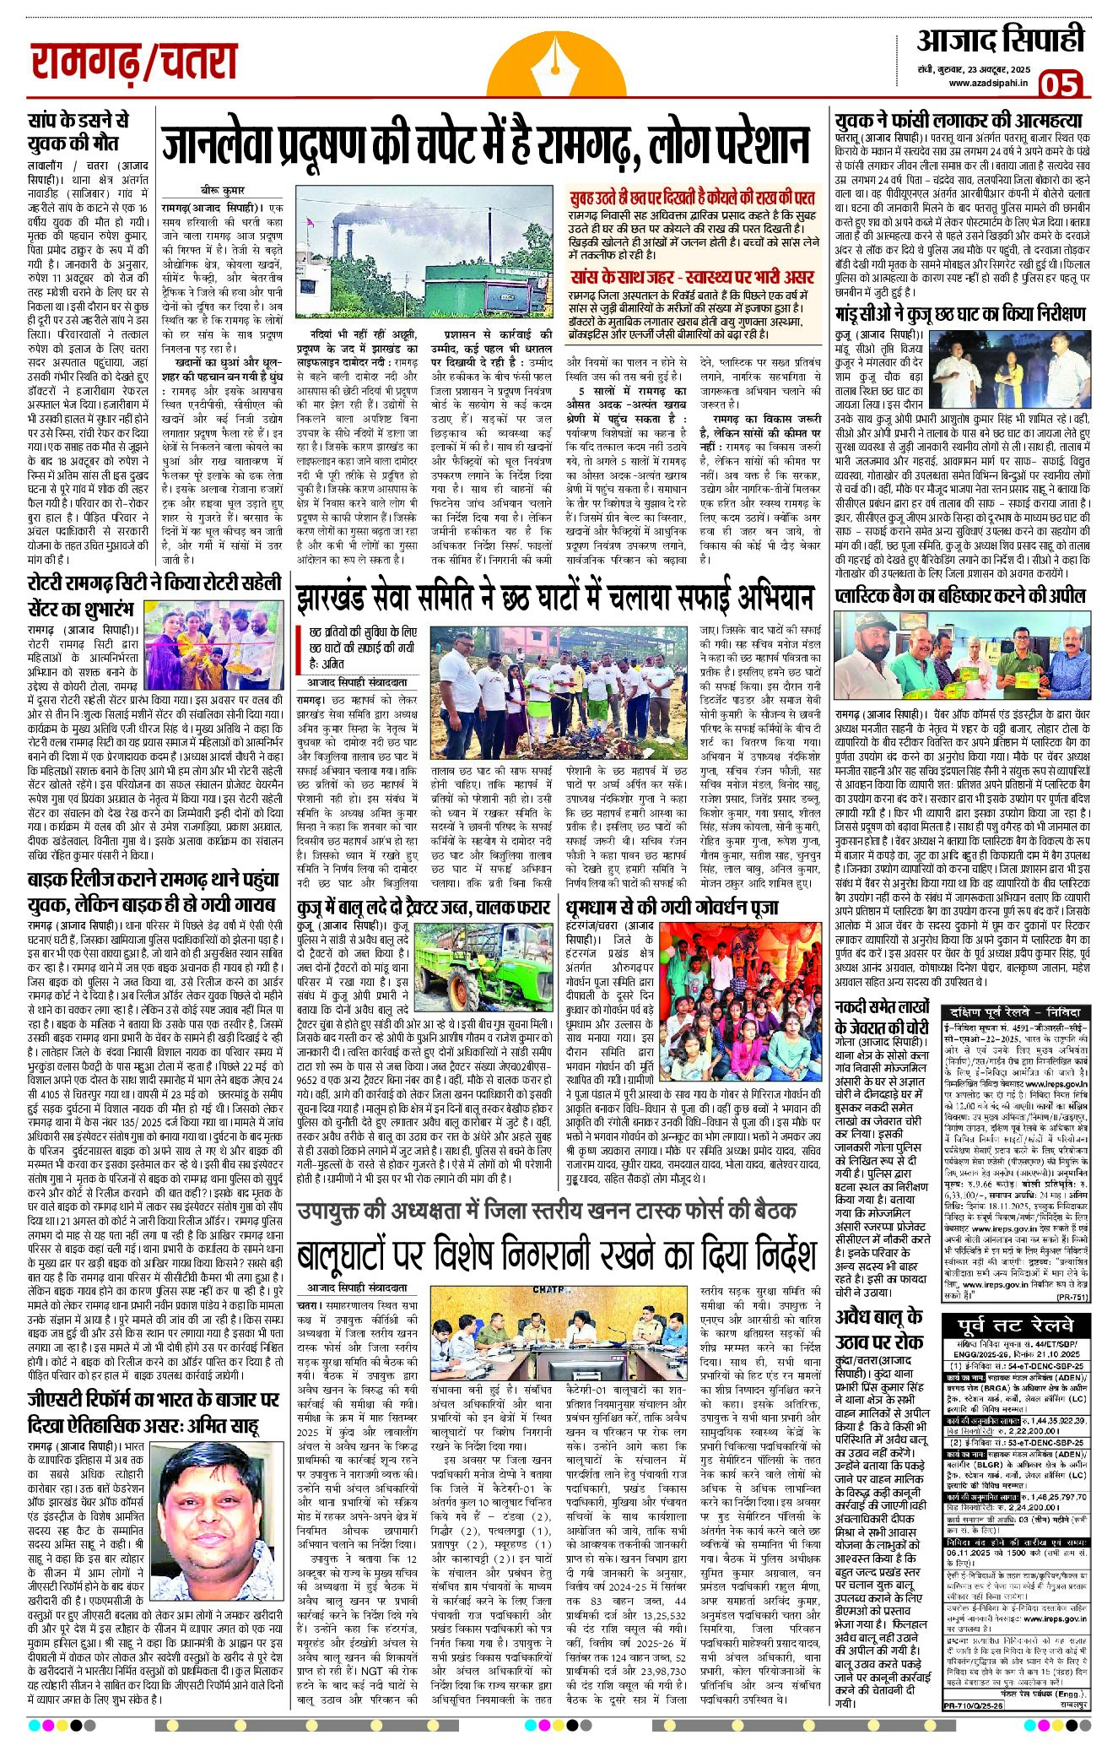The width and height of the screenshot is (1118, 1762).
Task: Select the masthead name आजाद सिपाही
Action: [1001, 41]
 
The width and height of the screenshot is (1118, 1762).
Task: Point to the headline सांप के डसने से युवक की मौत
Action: [78, 132]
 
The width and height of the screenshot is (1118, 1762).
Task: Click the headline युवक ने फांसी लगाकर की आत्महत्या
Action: [958, 120]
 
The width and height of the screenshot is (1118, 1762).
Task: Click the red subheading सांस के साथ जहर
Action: [692, 277]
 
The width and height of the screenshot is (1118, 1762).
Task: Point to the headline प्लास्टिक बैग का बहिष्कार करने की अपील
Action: [959, 594]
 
